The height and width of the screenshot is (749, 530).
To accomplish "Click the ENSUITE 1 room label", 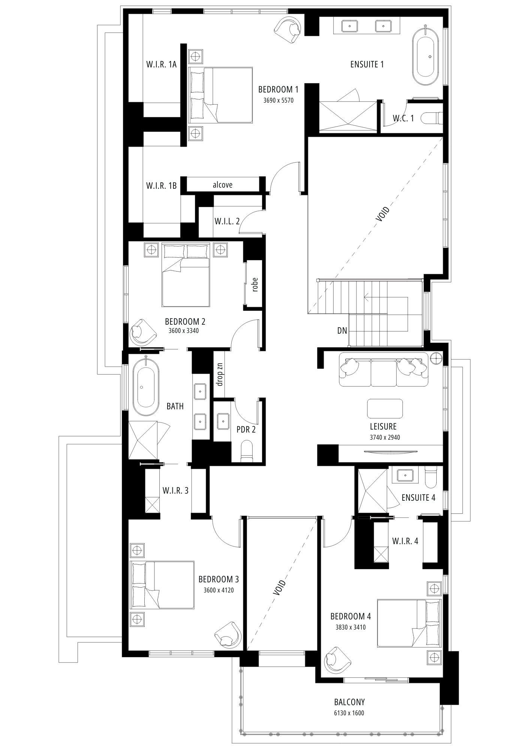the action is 367,64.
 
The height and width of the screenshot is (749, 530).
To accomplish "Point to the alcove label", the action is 223,185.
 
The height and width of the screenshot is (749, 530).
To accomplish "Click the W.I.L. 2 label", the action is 227,221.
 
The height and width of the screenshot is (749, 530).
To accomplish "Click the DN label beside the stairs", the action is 342,331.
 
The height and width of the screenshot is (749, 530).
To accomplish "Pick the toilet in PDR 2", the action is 247,450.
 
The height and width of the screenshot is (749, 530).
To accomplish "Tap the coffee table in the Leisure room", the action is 385,409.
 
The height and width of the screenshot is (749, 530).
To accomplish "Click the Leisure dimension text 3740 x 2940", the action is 385,437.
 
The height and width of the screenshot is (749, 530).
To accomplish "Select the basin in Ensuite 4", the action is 406,475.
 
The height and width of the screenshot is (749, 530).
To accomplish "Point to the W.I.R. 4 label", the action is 405,541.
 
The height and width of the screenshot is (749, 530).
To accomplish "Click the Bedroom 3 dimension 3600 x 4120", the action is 219,591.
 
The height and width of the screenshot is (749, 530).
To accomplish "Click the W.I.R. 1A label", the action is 161,64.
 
